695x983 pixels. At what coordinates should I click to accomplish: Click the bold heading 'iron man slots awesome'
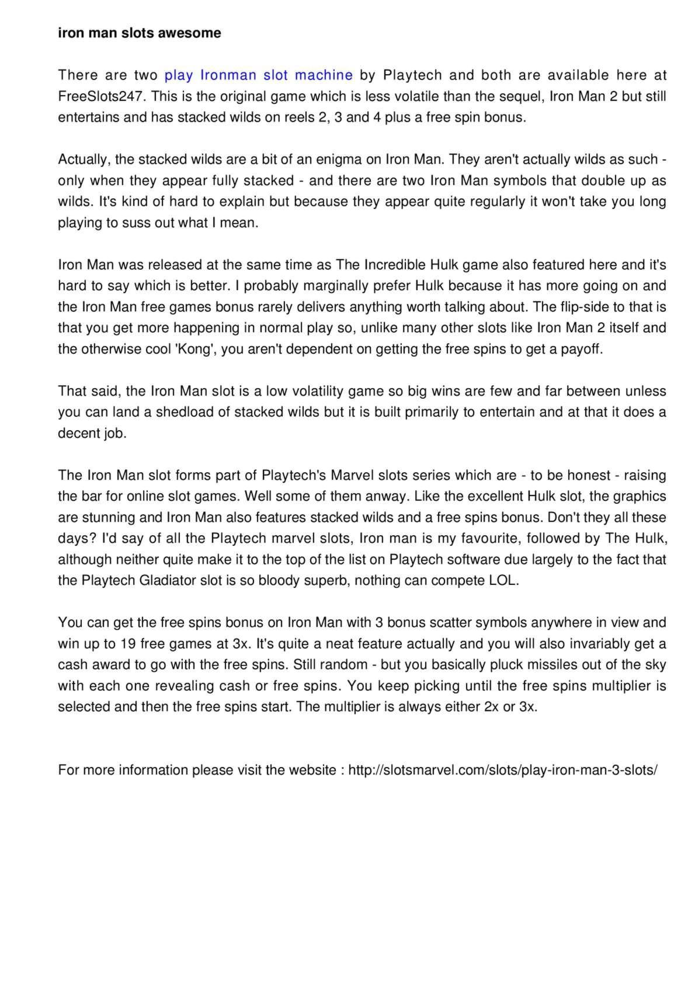tap(139, 33)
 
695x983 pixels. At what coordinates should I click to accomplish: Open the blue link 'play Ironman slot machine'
tap(258, 75)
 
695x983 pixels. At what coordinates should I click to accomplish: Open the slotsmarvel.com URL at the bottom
tap(503, 771)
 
